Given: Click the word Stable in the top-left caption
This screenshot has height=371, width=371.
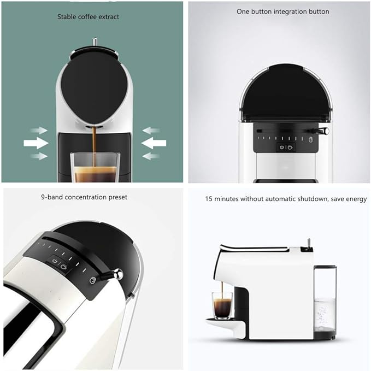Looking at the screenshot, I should coord(67,17).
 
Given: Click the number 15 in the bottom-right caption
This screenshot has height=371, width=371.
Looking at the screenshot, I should coord(209,199).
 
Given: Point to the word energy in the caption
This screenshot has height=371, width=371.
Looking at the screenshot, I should coord(356,199).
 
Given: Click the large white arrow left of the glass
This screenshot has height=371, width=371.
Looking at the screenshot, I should coord(36,143).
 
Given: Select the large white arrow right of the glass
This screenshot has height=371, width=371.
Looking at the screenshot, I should coord(154,143).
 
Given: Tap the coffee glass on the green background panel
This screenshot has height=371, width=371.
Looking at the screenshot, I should coord(95,167).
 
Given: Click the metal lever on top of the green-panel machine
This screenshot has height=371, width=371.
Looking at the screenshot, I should coord(95,42).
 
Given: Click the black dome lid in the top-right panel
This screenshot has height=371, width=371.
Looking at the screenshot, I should coord(287,93).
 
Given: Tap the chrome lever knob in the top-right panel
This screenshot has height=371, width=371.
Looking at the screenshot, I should coord(325,131).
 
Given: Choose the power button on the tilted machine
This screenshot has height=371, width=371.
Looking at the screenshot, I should coord(55,261).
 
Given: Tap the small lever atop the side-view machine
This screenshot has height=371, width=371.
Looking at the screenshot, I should coord(309,244).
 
